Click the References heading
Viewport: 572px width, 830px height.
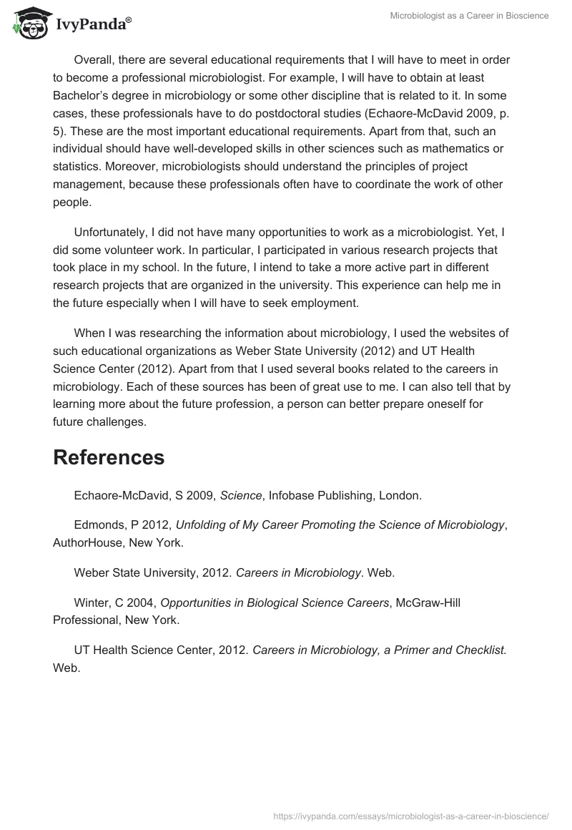(x=109, y=457)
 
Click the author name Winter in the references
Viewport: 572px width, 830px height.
(x=91, y=602)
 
